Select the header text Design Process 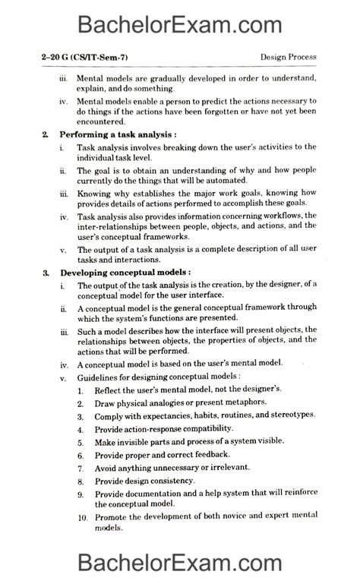288,58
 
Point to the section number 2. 46,134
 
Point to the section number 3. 46,272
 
